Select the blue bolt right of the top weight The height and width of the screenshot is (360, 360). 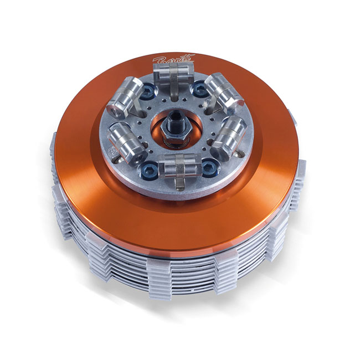click(198, 86)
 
